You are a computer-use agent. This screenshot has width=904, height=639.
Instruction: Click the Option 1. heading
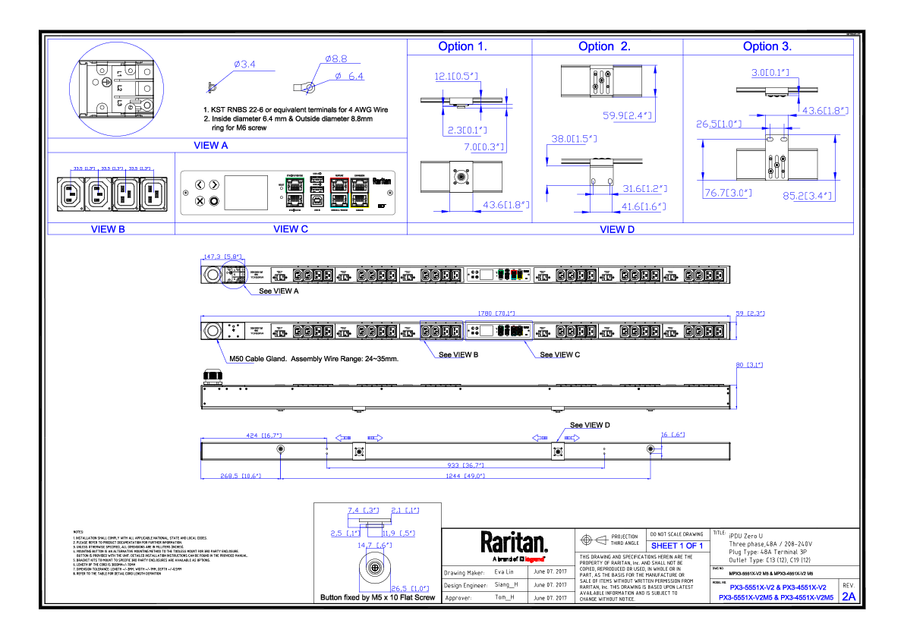[462, 46]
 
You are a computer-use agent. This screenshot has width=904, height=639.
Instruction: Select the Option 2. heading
[604, 46]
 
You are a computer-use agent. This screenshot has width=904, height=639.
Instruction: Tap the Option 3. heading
[767, 46]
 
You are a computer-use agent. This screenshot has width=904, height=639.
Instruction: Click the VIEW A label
[211, 145]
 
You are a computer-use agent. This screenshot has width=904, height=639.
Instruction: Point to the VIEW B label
[108, 228]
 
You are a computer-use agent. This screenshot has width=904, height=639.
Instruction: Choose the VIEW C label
[291, 228]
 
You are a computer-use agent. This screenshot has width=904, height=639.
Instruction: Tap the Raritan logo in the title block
[514, 543]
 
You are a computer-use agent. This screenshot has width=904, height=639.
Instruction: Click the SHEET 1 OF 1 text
[677, 546]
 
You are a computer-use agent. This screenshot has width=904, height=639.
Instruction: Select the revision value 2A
[848, 597]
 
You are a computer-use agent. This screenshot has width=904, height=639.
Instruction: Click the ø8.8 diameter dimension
[335, 58]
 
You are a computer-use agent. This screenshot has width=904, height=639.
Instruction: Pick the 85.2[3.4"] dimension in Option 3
[808, 195]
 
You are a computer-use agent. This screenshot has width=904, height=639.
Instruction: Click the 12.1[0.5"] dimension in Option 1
[455, 76]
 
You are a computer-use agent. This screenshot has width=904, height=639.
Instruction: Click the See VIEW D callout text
[591, 425]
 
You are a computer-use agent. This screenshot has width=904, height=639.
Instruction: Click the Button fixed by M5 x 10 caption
[378, 598]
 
